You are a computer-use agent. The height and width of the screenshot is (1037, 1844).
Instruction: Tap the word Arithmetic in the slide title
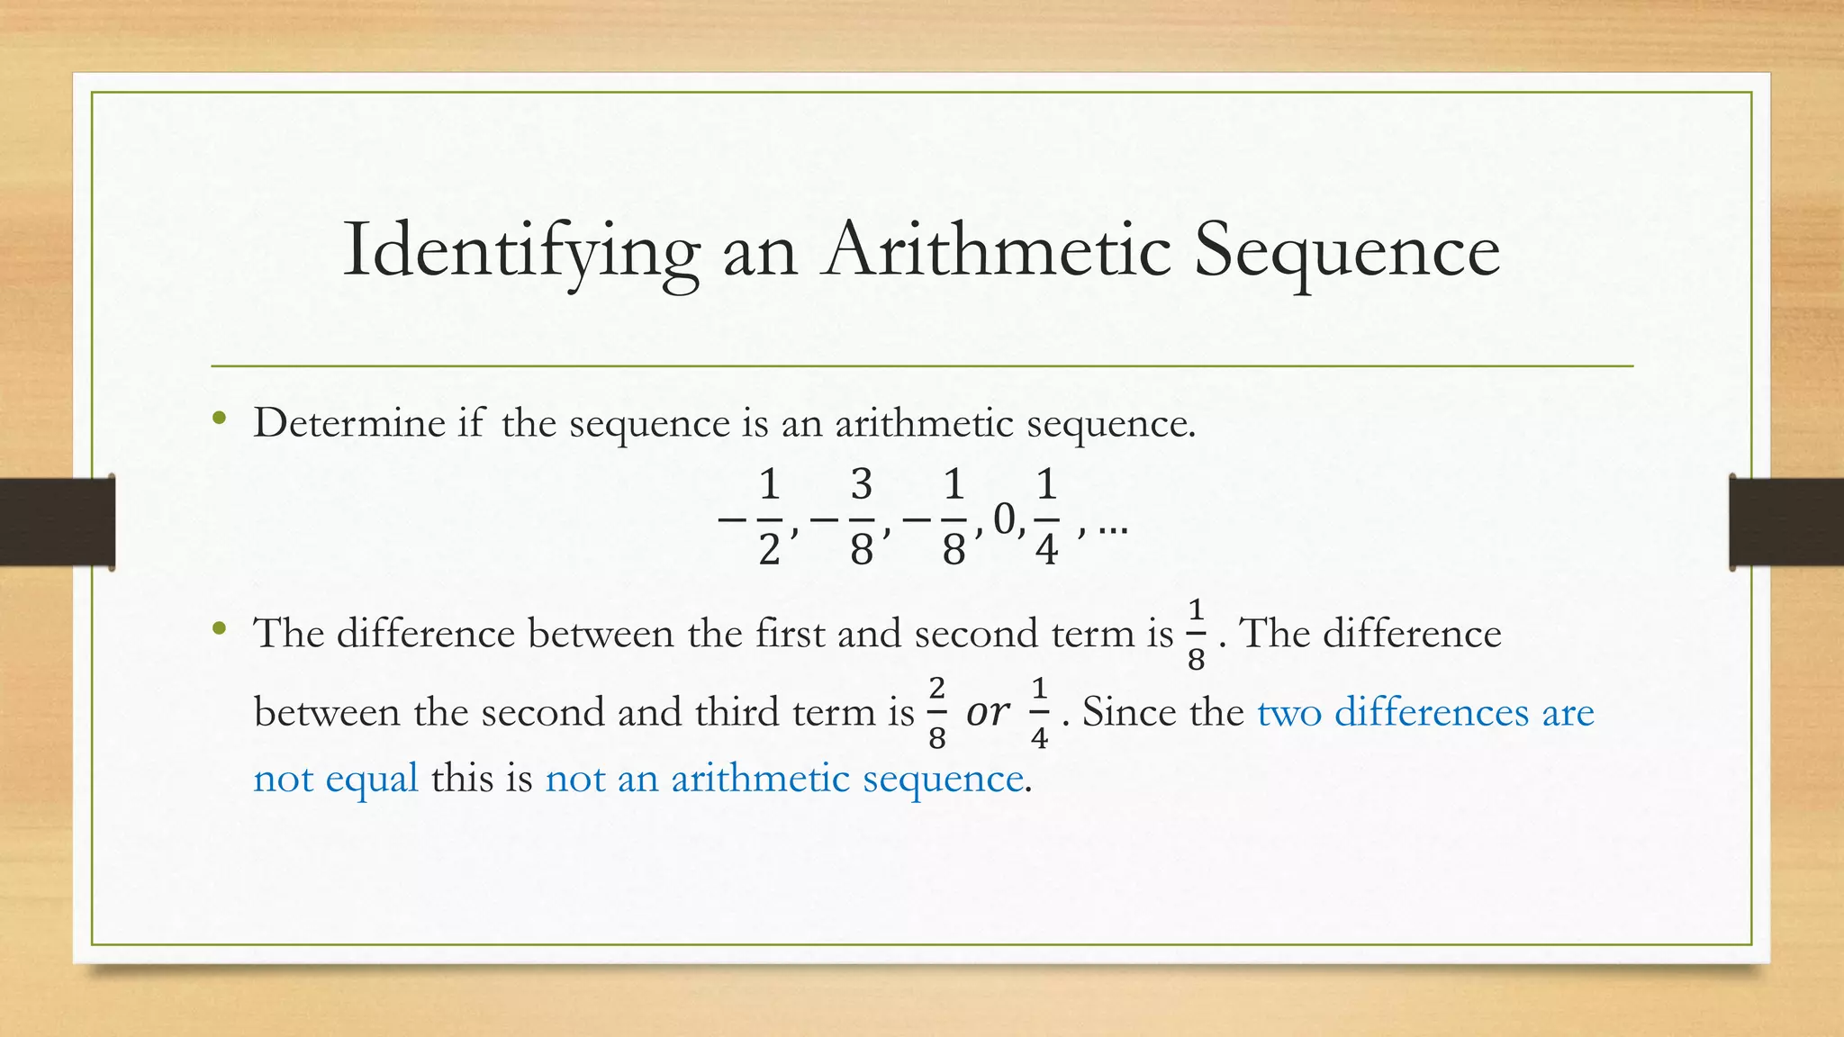[999, 249]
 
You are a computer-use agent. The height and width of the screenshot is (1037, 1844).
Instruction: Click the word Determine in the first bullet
[349, 422]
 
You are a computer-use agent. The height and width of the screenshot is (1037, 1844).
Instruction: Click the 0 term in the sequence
[1004, 518]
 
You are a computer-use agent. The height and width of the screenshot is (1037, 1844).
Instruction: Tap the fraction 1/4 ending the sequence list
[1045, 517]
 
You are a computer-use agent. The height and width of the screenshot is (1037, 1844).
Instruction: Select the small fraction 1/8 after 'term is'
[1196, 635]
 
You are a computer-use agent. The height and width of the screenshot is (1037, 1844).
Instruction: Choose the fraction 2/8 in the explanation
[936, 713]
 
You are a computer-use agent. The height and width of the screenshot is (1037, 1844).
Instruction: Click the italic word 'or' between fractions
[988, 713]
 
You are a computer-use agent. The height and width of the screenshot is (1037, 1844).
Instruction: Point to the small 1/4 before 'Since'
[1039, 713]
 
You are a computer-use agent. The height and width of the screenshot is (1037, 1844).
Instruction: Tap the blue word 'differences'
[1431, 712]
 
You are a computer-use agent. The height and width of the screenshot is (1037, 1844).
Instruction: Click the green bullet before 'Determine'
[219, 419]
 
